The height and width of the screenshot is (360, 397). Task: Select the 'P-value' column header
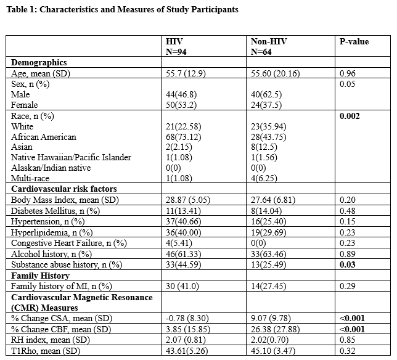[x=354, y=42]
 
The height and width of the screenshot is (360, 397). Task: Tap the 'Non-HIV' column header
[x=269, y=42]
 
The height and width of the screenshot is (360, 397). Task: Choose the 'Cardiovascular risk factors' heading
[x=65, y=189]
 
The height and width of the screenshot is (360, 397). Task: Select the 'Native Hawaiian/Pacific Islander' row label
[x=71, y=158]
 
